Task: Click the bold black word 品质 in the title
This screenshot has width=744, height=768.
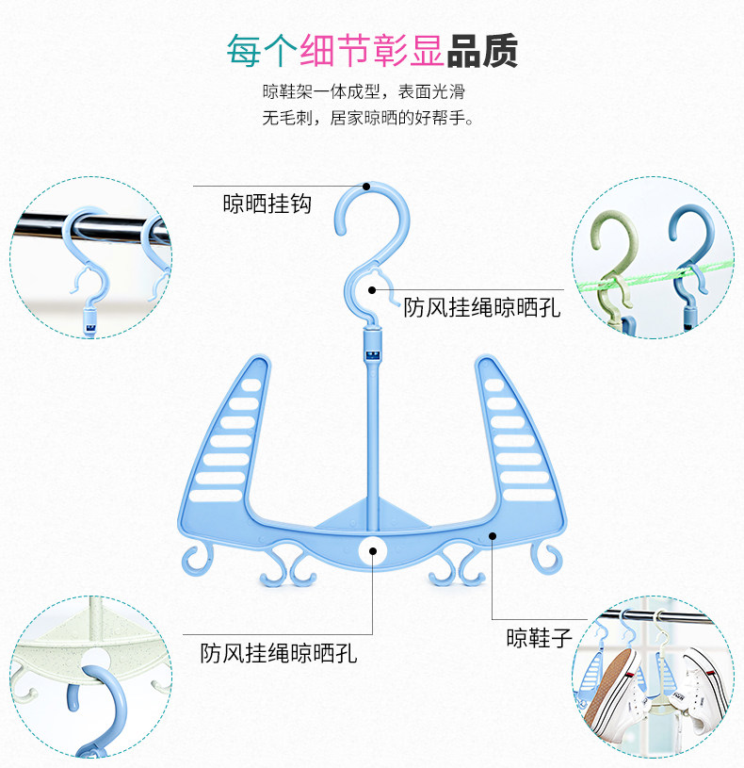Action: click(481, 51)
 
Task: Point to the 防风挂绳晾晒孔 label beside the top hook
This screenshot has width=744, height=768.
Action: click(481, 307)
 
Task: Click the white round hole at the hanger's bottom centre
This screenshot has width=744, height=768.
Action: click(372, 550)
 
